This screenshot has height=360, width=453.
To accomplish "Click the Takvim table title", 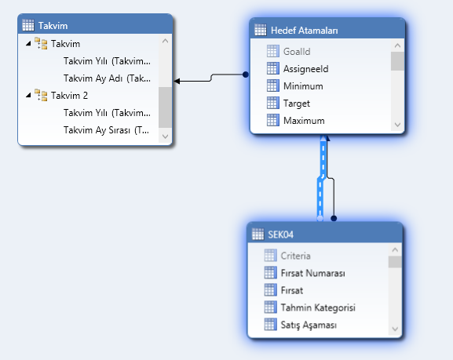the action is (53, 26).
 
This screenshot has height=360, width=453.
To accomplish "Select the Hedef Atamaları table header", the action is (304, 31).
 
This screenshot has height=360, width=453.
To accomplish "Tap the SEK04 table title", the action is (280, 235).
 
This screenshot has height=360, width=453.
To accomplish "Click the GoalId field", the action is (297, 52).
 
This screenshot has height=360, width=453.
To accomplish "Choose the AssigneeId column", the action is (305, 69).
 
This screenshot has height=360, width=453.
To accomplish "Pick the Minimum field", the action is (303, 86).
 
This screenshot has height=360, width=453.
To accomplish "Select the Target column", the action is (297, 104).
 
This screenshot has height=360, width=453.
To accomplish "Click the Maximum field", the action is (304, 120).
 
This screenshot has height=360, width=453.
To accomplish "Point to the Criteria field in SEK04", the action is (295, 256).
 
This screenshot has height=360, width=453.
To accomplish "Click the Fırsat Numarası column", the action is (313, 273).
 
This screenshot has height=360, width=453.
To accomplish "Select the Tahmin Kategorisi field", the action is (318, 307).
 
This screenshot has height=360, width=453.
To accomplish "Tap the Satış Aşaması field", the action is (309, 325).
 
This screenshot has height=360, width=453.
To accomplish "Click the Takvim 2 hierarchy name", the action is (69, 95).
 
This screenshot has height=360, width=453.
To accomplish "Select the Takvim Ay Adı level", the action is (107, 78).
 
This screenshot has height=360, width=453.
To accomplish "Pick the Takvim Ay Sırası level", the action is (106, 130).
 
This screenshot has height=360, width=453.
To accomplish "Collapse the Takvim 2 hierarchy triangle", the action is (28, 95).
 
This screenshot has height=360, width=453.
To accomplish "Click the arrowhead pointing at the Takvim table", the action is (177, 81).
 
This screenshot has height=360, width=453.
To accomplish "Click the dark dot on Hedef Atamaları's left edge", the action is (246, 75).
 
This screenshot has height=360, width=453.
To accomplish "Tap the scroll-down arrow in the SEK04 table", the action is (395, 329).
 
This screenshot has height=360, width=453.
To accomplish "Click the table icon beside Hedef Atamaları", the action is (261, 30).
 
